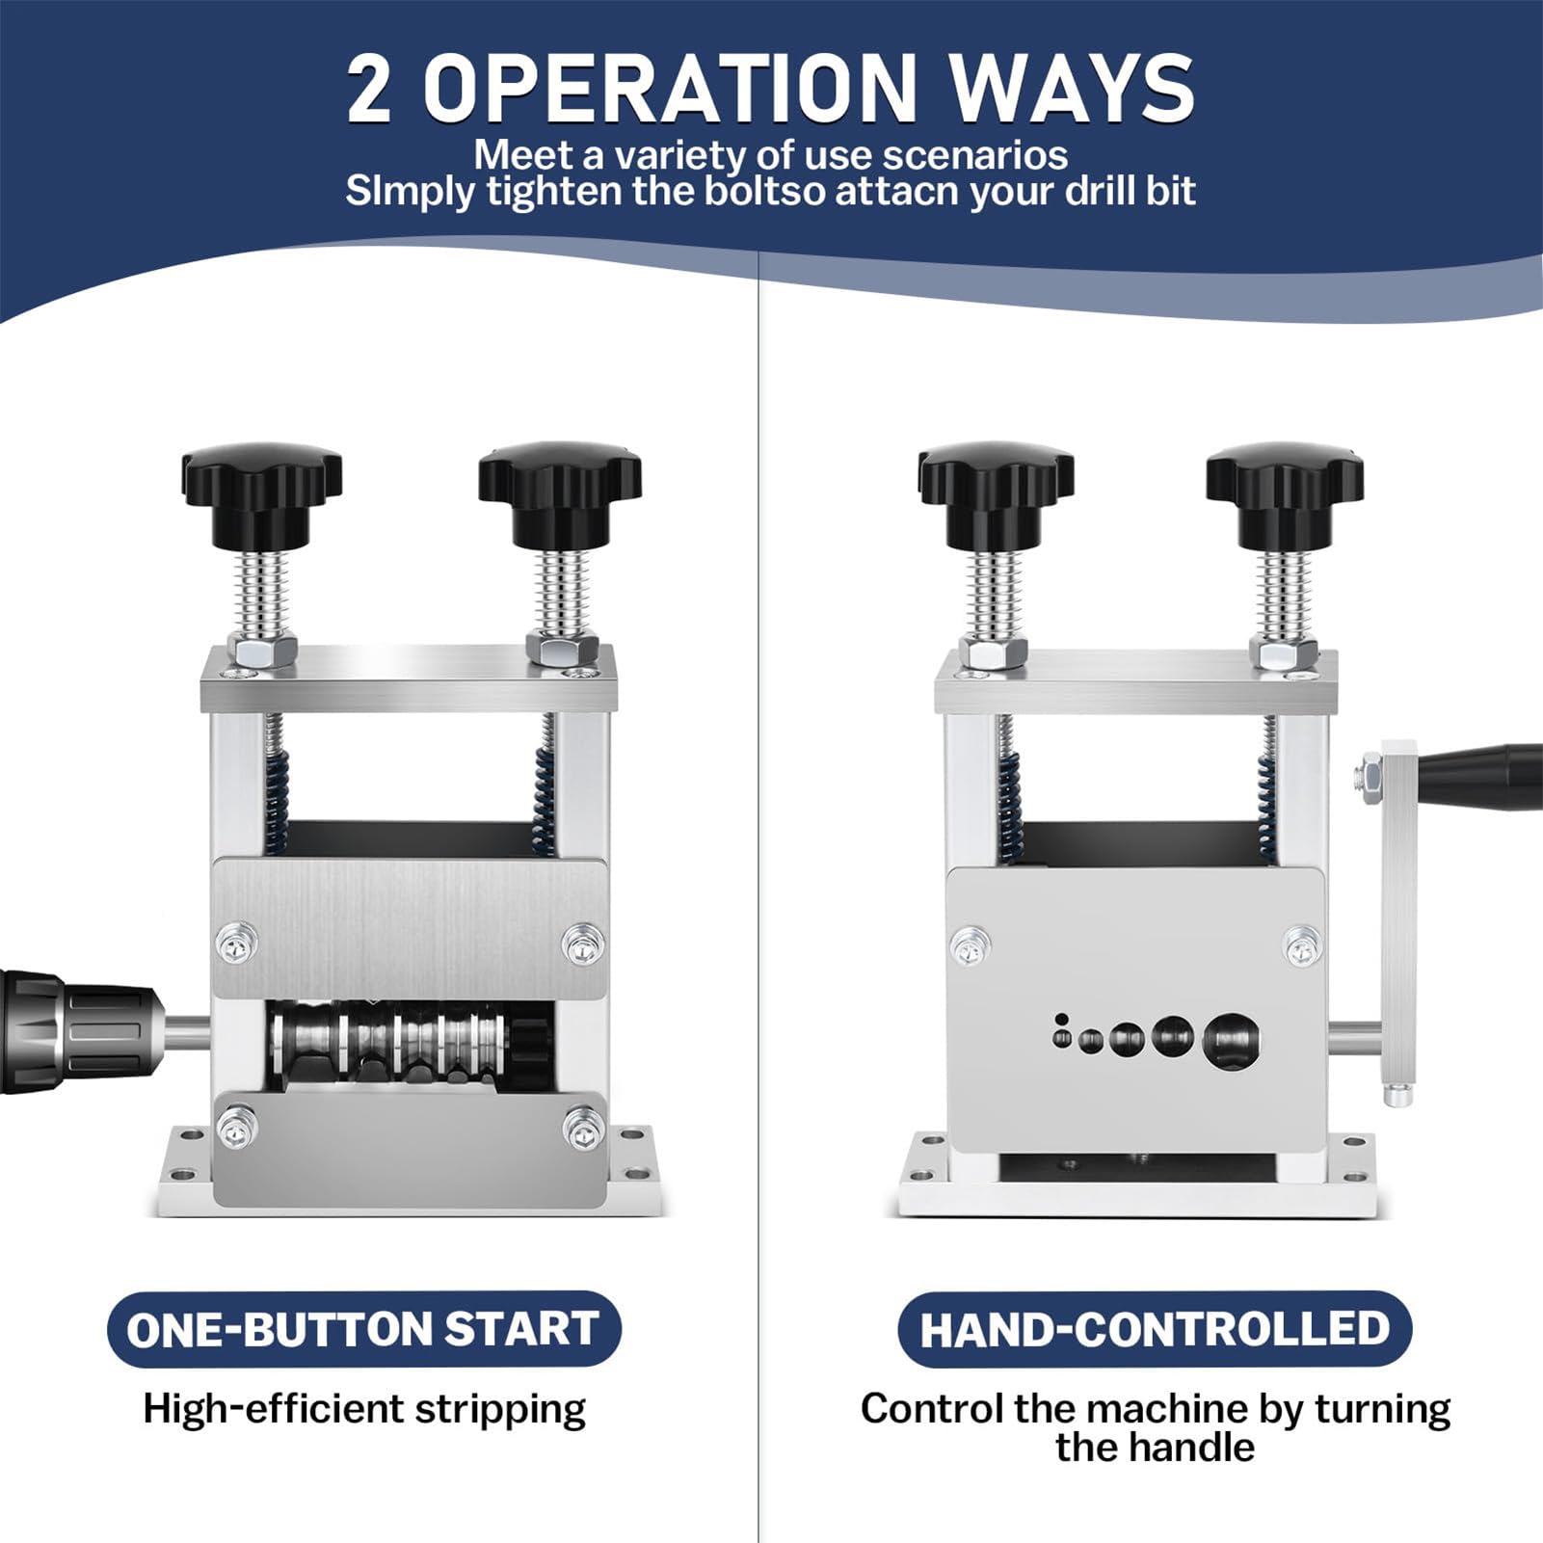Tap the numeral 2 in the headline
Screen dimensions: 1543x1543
pos(369,89)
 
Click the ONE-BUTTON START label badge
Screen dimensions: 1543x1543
pos(363,1329)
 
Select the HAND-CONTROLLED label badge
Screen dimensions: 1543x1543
pos(1155,1329)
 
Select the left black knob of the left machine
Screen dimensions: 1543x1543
pos(262,494)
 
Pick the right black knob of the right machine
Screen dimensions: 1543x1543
pos(1284,494)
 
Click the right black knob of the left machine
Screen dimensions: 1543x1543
pos(560,494)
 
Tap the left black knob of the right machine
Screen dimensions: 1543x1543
pos(996,494)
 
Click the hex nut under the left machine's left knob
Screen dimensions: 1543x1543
pos(261,652)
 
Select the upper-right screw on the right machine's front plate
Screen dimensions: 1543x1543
pos(1302,946)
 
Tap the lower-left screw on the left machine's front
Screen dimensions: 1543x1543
pos(237,1129)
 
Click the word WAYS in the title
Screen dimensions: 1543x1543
pos(1071,88)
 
